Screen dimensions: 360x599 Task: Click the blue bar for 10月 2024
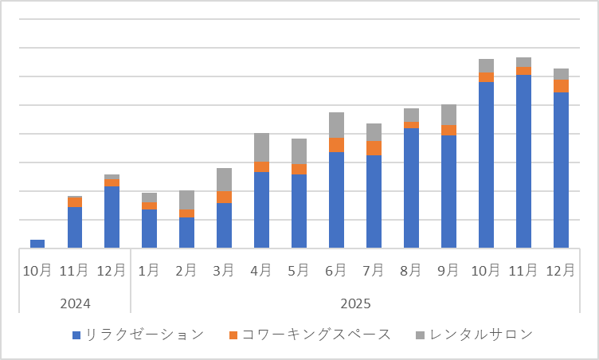point(37,244)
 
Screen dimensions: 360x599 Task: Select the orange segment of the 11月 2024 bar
point(75,202)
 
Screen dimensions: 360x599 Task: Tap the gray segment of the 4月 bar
point(261,147)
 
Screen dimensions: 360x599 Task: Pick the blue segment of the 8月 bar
point(411,188)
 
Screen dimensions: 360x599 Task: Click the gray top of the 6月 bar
point(336,125)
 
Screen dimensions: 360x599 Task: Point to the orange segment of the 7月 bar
point(374,148)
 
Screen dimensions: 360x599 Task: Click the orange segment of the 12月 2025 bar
point(561,86)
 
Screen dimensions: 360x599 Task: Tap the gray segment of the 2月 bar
point(186,200)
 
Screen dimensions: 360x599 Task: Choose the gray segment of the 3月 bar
point(224,179)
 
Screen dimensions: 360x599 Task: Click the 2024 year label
point(75,303)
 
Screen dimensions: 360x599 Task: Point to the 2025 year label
point(355,303)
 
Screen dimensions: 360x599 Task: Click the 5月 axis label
point(299,271)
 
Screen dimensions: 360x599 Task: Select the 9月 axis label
point(448,271)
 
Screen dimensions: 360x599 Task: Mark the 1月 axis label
point(149,271)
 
